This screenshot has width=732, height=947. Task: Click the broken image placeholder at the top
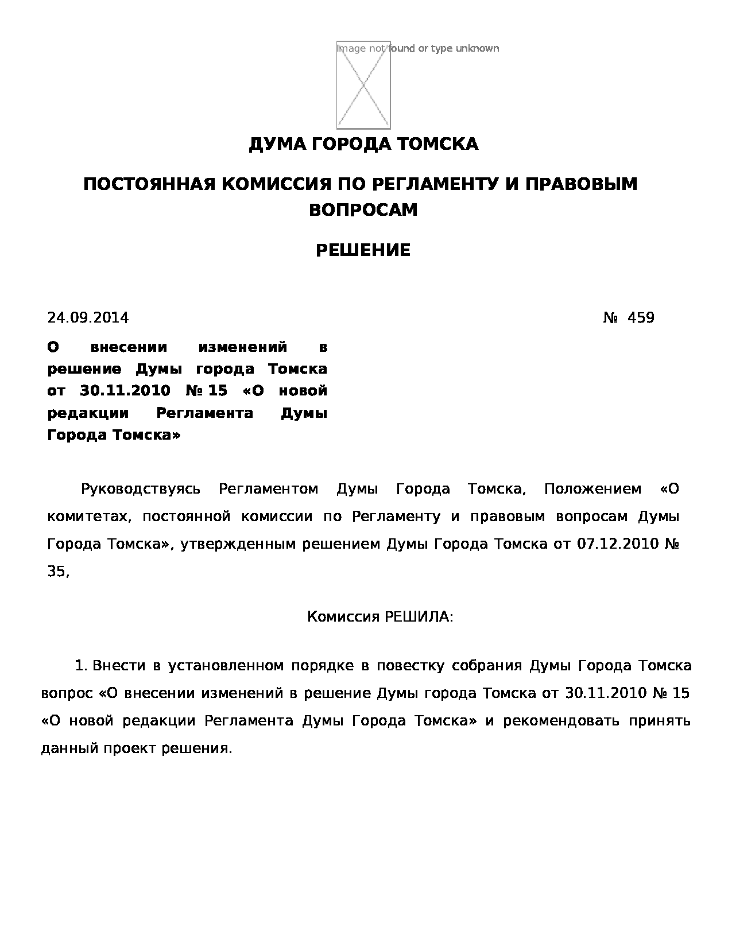[x=363, y=85]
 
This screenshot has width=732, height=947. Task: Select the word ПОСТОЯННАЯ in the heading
[x=149, y=184]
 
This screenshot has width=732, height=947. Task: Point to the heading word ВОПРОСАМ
[x=363, y=210]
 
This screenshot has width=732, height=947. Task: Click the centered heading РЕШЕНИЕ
[x=363, y=250]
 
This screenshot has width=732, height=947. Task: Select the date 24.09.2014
[x=88, y=318]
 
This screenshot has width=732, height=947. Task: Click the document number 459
[x=641, y=318]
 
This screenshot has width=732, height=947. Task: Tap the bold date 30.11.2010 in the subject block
[x=125, y=391]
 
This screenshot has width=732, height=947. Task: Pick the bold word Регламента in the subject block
[x=204, y=413]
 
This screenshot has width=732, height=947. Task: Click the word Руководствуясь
[x=141, y=489]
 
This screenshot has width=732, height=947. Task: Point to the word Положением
[x=592, y=489]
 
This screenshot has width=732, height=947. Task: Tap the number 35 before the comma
[x=56, y=572]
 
